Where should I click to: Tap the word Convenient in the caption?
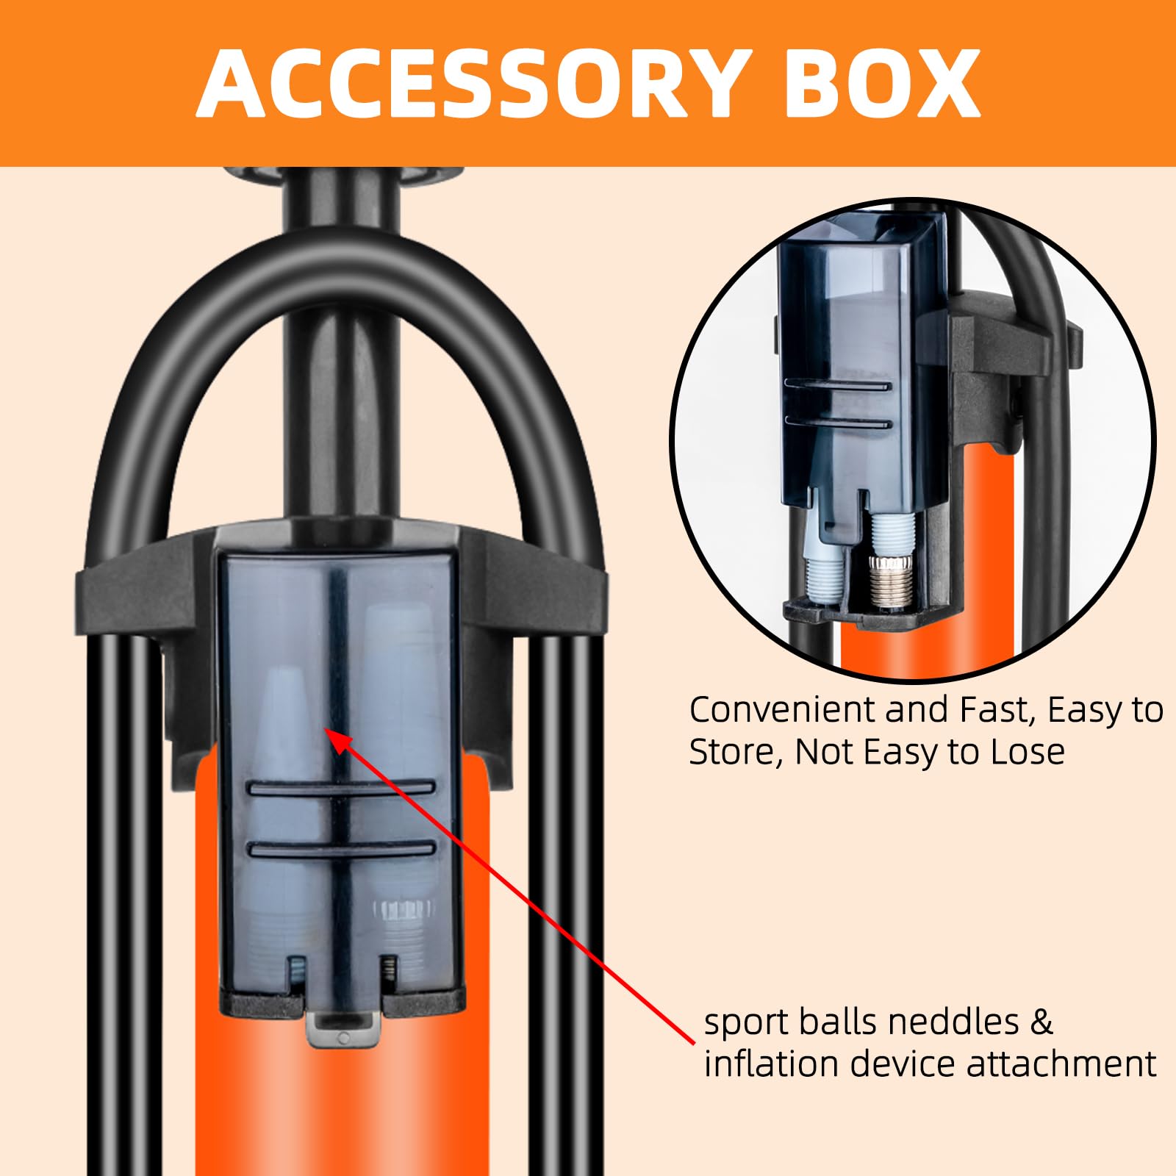[782, 711]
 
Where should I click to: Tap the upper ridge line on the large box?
[342, 788]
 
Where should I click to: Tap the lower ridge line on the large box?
[342, 849]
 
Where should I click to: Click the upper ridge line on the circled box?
[838, 384]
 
